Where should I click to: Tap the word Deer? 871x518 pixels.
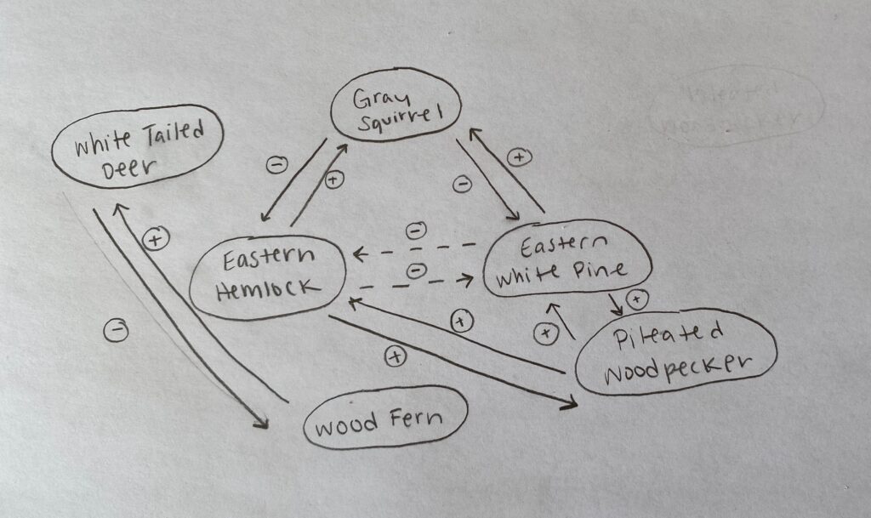tap(129, 168)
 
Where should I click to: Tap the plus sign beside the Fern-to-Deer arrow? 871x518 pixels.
tap(155, 240)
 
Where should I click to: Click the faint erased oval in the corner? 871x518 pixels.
tap(737, 106)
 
